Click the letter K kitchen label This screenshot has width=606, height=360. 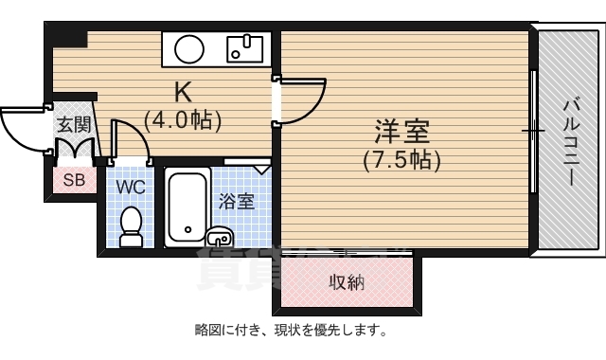pyautogui.click(x=183, y=93)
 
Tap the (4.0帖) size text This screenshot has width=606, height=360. pyautogui.click(x=183, y=120)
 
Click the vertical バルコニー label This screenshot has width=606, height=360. pyautogui.click(x=571, y=143)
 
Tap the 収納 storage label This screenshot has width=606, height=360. pyautogui.click(x=347, y=283)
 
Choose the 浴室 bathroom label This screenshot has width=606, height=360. pyautogui.click(x=236, y=201)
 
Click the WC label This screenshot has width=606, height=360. pyautogui.click(x=131, y=187)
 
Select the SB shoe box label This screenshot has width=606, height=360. pyautogui.click(x=73, y=180)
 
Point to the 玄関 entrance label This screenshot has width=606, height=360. pyautogui.click(x=73, y=123)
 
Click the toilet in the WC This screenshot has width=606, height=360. pyautogui.click(x=131, y=225)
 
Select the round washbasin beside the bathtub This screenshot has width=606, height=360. pyautogui.click(x=219, y=236)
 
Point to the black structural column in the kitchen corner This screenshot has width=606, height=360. pyautogui.click(x=67, y=38)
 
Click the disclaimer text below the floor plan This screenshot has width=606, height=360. pyautogui.click(x=290, y=331)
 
